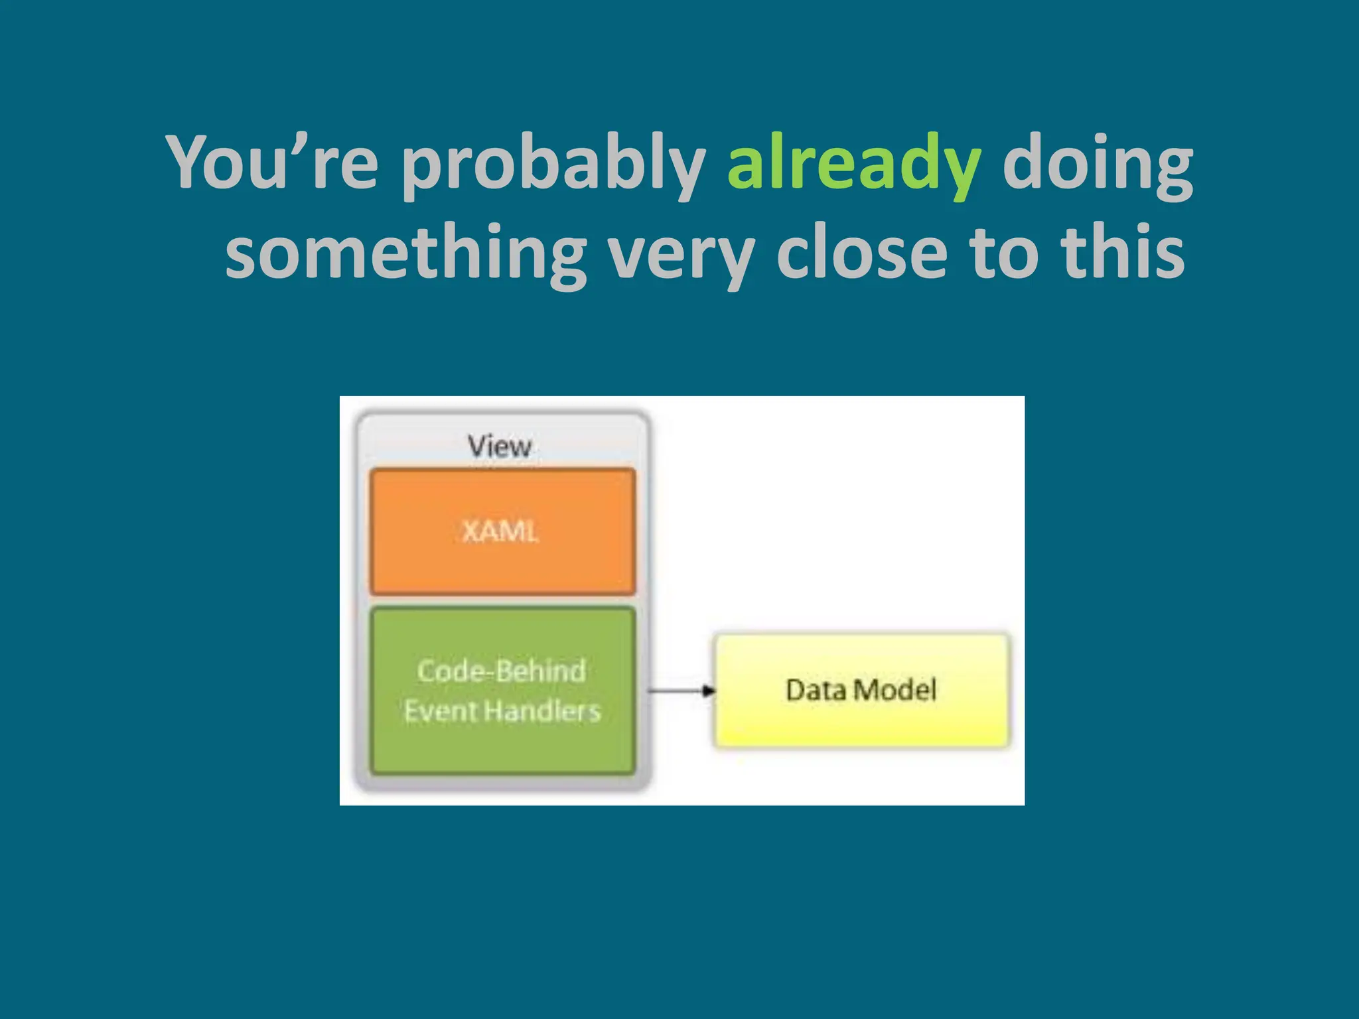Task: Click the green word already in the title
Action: (853, 163)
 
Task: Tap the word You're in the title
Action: (272, 163)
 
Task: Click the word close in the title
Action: (862, 252)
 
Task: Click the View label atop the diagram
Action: (499, 446)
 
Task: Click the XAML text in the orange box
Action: (500, 531)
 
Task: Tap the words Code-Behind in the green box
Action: (502, 671)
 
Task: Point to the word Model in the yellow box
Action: (895, 690)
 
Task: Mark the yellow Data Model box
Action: (861, 723)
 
